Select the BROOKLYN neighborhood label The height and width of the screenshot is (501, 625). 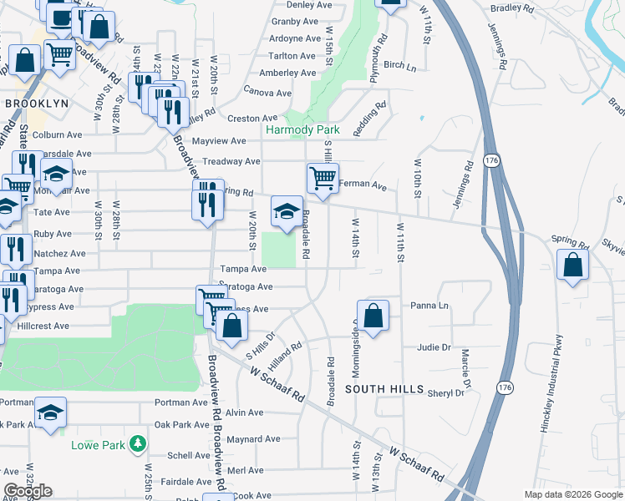(36, 103)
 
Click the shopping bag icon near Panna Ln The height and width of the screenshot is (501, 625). (373, 316)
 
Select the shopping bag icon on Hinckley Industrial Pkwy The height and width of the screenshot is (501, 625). (572, 265)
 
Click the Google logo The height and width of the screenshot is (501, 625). (28, 491)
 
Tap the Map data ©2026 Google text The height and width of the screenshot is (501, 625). (572, 494)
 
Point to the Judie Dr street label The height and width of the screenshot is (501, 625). (434, 347)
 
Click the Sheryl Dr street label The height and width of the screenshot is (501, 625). (445, 393)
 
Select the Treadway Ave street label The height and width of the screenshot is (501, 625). (227, 162)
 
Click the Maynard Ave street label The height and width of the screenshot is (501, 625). (253, 439)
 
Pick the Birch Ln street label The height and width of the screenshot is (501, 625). (399, 65)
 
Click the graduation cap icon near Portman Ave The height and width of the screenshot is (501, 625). (51, 412)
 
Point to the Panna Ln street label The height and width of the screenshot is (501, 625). (431, 306)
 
